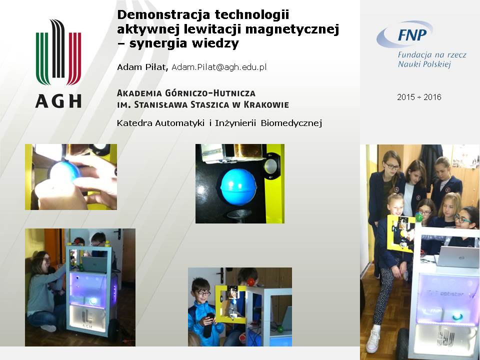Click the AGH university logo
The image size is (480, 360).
point(58,63)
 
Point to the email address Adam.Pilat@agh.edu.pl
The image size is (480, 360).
point(219,67)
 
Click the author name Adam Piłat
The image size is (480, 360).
point(142,67)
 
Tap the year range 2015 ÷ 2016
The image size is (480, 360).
point(419,97)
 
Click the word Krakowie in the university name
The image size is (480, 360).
point(266,104)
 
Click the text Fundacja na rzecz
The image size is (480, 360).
point(432,55)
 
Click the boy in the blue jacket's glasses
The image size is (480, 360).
point(203,293)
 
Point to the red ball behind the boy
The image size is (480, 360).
point(250,282)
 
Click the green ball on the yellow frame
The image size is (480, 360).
point(418,217)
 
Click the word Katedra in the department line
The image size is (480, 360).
point(134,123)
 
